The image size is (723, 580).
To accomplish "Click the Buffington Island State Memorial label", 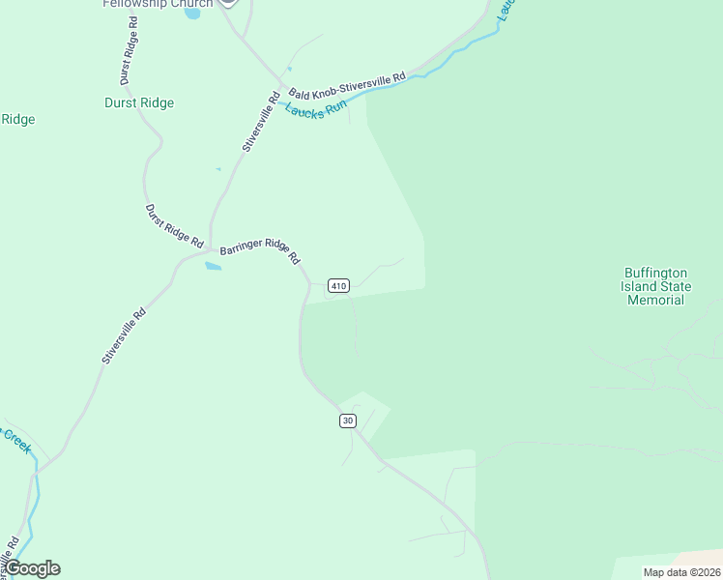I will (655, 286).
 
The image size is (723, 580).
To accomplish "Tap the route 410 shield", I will (337, 285).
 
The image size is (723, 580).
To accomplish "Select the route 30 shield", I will (348, 420).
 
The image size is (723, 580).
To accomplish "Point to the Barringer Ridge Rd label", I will (260, 252).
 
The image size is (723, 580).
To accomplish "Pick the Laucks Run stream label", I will (315, 109).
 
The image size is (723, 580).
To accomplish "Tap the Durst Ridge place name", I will (139, 102).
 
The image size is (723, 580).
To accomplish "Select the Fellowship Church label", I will (157, 4).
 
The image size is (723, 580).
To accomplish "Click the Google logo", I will (33, 568).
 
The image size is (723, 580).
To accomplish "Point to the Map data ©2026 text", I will (680, 572).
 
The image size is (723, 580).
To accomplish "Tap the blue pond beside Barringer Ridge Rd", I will (213, 266).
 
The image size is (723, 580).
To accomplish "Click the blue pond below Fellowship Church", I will (192, 14).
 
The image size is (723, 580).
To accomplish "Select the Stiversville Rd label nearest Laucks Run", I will (261, 122).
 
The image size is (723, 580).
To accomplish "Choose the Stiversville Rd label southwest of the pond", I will (123, 335).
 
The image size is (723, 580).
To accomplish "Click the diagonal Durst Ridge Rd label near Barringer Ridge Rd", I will (174, 225).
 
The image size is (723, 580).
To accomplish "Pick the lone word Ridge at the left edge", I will (17, 120).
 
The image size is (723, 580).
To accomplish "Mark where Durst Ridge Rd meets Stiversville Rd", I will (210, 249).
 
